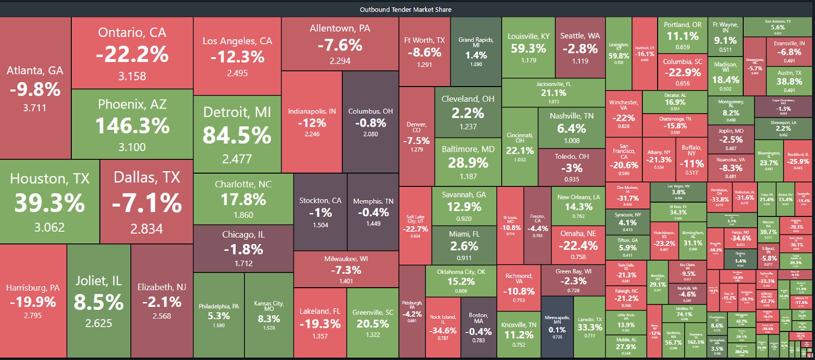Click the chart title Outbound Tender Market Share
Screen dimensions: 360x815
[405, 10]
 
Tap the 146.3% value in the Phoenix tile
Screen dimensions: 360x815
[132, 126]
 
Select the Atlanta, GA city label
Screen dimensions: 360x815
[35, 71]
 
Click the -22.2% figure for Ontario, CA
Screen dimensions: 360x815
[132, 54]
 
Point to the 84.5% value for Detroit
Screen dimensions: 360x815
[237, 135]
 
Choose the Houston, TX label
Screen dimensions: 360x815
[49, 179]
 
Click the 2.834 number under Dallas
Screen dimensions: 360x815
[147, 229]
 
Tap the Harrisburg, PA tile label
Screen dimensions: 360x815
[33, 288]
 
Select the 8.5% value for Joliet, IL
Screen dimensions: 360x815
[99, 302]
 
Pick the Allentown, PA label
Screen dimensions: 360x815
[340, 29]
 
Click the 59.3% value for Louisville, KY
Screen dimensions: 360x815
[528, 48]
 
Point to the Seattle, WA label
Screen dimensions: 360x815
[580, 36]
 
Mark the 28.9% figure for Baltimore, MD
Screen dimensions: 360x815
[468, 163]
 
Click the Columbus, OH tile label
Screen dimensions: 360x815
[370, 111]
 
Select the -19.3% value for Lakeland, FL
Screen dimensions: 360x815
[320, 324]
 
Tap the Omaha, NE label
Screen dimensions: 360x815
[578, 234]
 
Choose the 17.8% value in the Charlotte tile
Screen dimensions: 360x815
[243, 200]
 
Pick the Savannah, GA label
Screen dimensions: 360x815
[464, 195]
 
